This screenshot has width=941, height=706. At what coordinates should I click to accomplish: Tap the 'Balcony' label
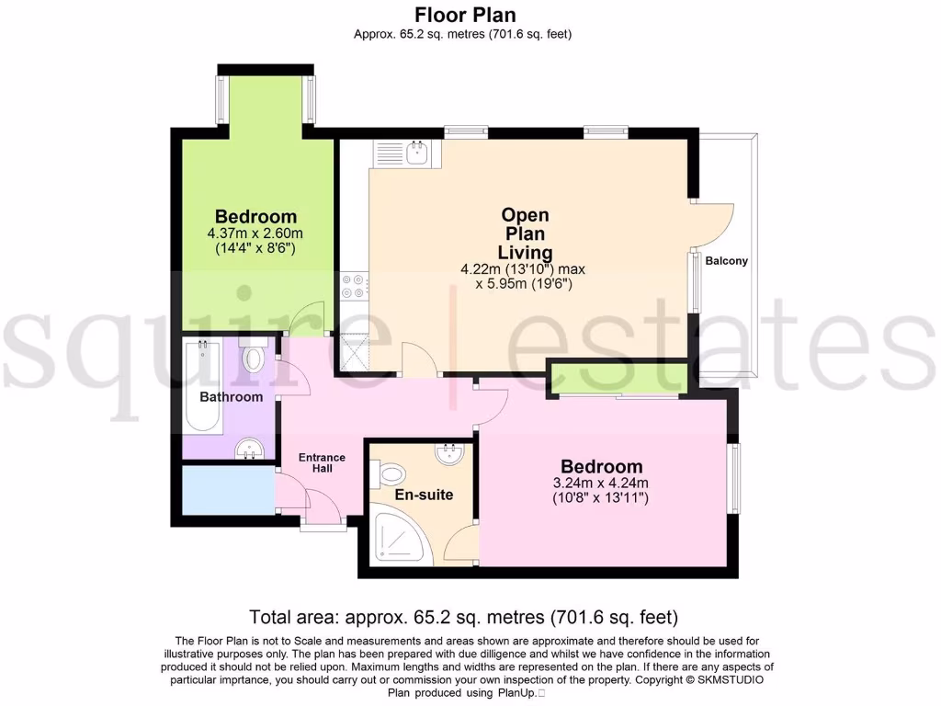pos(726,260)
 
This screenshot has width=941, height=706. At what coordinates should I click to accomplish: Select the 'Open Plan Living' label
pos(525,233)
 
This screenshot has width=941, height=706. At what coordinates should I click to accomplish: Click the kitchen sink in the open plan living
pos(414,153)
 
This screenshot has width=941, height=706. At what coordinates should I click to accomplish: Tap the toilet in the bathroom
pos(254,356)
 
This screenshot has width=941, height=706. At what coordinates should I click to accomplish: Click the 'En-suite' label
pos(424,495)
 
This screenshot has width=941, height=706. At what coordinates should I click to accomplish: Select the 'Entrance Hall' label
pos(322,462)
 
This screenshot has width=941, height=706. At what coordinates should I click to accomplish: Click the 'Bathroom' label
pos(232,397)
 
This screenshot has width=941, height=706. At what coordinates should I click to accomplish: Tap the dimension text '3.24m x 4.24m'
pos(601,484)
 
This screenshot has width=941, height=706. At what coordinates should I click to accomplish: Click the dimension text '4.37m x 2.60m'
pos(255,233)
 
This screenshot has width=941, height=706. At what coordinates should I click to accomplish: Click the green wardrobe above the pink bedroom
pos(618,376)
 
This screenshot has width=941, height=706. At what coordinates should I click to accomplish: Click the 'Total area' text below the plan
pos(463,616)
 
